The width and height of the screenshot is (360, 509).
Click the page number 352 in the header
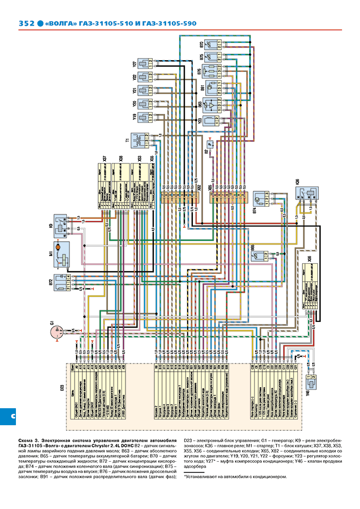click(26, 24)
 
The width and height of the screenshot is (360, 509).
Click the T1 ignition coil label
click(127, 140)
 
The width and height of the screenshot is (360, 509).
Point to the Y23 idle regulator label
click(200, 121)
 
